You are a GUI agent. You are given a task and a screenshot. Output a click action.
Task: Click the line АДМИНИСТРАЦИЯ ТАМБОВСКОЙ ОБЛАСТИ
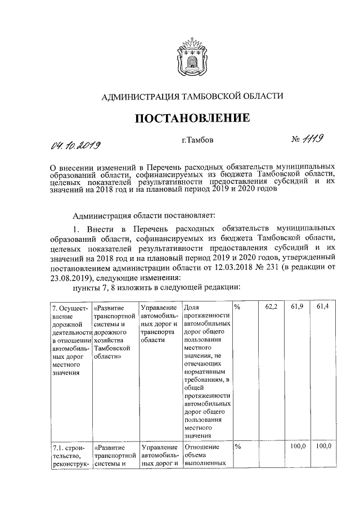coord(191,97)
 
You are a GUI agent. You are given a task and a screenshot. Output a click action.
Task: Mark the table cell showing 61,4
coord(323,307)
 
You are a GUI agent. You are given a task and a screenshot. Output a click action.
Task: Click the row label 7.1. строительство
coord(66,455)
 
